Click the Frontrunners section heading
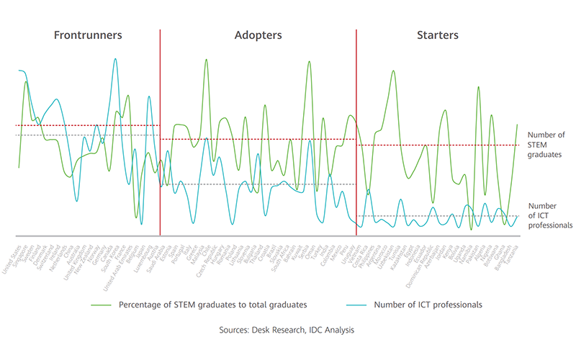[88, 35]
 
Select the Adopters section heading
[258, 35]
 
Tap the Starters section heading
[438, 35]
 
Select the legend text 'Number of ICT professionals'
[428, 305]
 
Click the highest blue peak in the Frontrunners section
[115, 59]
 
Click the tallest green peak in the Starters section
[393, 71]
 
